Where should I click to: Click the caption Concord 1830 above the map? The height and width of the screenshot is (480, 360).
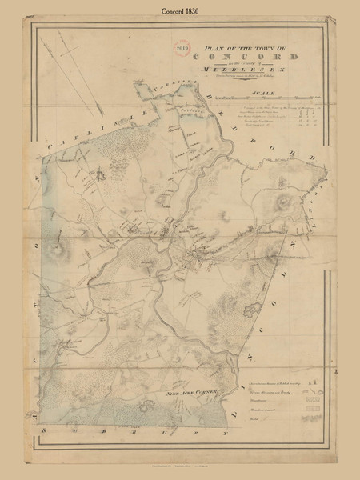pos(179,10)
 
